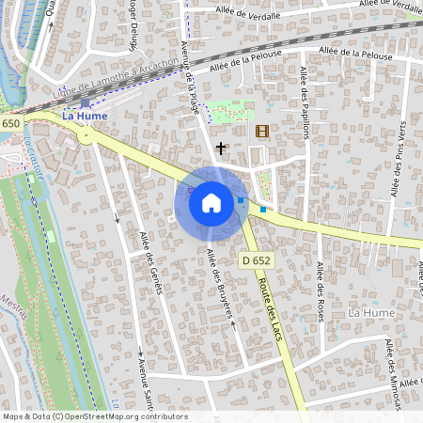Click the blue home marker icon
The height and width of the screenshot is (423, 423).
[211, 202]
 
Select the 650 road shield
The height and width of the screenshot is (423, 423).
[10, 124]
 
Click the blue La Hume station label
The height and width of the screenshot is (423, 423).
[84, 116]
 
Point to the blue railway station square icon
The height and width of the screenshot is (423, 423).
[86, 103]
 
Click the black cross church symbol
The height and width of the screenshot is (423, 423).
[222, 148]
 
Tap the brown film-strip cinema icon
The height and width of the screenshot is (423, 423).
[261, 131]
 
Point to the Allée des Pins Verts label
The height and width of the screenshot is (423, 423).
[400, 154]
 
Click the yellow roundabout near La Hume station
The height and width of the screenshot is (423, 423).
[87, 136]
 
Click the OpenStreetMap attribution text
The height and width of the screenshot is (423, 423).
[94, 416]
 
